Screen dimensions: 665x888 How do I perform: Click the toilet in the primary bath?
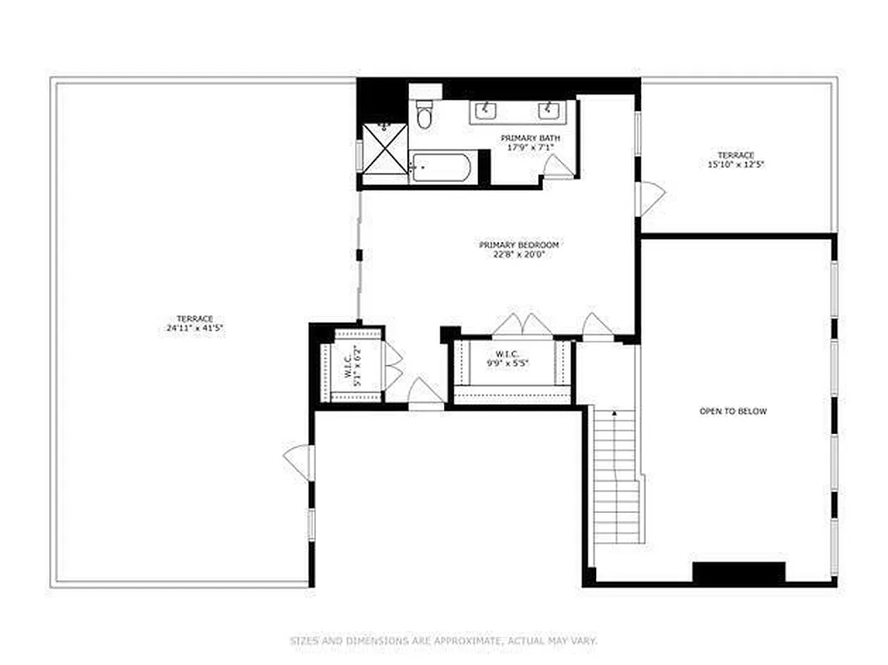click(x=424, y=116)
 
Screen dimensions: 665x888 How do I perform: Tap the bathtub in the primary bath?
click(x=442, y=167)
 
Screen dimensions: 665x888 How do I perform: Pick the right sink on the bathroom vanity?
click(x=548, y=110)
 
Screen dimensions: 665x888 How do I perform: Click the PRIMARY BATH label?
click(x=530, y=137)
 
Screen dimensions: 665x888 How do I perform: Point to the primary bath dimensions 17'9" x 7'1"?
click(x=530, y=147)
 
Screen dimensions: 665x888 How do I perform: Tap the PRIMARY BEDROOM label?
click(x=519, y=245)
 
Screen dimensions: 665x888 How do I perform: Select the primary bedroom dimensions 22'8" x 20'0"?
click(x=519, y=254)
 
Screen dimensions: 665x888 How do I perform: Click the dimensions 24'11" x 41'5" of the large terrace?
click(x=195, y=328)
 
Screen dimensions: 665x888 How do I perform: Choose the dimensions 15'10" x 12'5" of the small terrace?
click(x=736, y=165)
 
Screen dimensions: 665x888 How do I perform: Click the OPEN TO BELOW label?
click(x=733, y=411)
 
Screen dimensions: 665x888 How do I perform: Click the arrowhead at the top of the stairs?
click(x=614, y=411)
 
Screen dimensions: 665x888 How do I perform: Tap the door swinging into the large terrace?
click(x=298, y=462)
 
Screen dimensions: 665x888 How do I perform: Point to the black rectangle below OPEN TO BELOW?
click(x=738, y=573)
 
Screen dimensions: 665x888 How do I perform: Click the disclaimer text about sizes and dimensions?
click(x=443, y=641)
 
